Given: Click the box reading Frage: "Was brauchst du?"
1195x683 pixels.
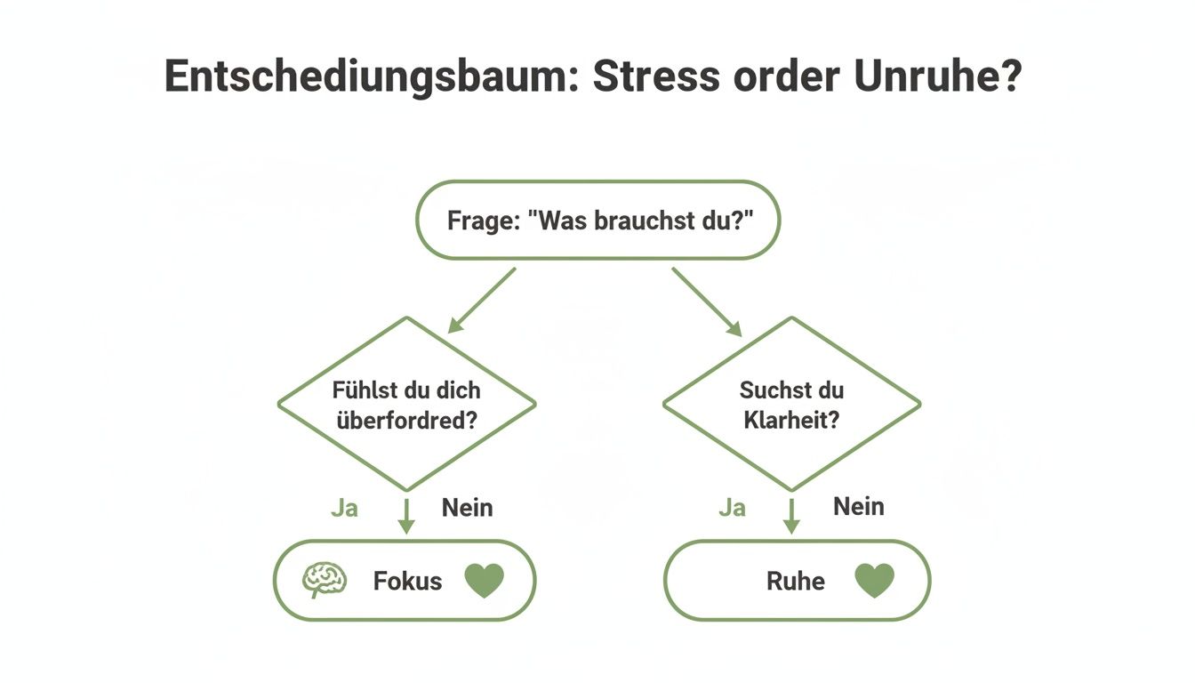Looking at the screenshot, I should point(597,220).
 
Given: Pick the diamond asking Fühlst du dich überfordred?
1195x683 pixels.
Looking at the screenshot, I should point(406,405).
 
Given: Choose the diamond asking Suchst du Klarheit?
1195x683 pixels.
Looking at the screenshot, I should point(791,405).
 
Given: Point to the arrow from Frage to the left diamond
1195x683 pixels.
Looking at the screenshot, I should point(481,301).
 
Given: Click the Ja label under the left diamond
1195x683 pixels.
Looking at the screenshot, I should point(344,508).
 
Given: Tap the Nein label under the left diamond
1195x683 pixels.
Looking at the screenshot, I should point(467,508).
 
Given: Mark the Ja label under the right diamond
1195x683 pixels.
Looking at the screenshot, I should point(732,508).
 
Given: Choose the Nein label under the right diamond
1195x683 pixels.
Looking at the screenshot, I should point(858,507).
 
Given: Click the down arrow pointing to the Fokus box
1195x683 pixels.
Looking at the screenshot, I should point(406,516).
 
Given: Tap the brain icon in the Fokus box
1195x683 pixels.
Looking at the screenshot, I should point(324,581).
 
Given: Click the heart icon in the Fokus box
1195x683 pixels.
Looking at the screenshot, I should point(485,581).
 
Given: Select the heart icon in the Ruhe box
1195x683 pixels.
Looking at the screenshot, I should point(874,581).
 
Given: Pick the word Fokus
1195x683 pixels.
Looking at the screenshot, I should point(407,582).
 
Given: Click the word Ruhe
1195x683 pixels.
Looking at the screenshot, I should point(795,582).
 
